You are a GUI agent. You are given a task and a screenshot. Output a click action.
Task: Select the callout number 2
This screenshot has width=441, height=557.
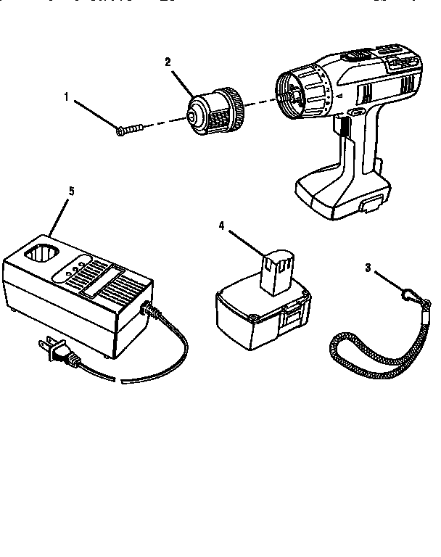tap(168, 62)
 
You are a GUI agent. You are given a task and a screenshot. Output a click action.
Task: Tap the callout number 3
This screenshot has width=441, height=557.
tap(368, 268)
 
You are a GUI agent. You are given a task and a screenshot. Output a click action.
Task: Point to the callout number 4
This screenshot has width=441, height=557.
tap(221, 226)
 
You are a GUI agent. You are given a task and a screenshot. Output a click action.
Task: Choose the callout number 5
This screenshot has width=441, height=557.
tap(71, 191)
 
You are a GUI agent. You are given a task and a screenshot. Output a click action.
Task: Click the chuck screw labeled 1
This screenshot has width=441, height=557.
tap(129, 129)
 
